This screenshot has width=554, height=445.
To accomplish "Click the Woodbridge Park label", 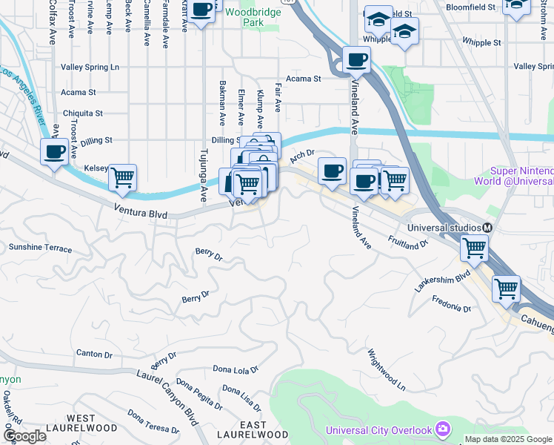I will [244, 18].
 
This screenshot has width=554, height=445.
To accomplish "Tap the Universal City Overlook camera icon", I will [443, 429].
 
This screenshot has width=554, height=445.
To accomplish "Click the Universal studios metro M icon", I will [488, 228].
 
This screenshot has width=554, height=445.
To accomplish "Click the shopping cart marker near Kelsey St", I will [122, 179].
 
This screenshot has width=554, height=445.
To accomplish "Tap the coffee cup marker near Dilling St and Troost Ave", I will [54, 152].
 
